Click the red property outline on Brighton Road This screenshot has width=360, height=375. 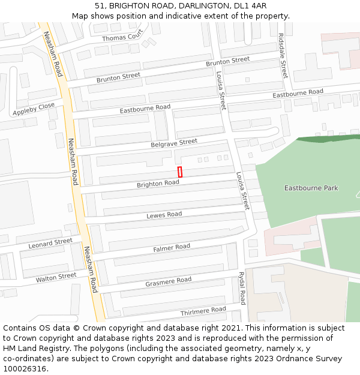click(179, 172)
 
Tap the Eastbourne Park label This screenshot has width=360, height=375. click(311, 188)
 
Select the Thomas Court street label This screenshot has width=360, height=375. click(123, 35)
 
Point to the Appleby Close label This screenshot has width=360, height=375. click(34, 109)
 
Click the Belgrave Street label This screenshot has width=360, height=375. click(174, 143)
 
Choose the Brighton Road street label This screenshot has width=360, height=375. click(158, 184)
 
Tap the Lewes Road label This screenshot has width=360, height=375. click(164, 215)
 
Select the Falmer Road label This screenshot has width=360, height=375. click(172, 247)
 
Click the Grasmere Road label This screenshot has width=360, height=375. click(169, 281)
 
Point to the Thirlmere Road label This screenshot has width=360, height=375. click(203, 311)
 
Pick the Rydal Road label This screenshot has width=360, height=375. click(242, 287)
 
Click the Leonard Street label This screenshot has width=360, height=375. click(50, 243)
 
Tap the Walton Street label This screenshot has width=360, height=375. click(56, 277)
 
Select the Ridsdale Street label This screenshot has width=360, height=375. click(283, 55)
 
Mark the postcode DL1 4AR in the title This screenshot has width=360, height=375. click(251, 5)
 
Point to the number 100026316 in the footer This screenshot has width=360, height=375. click(25, 369)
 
